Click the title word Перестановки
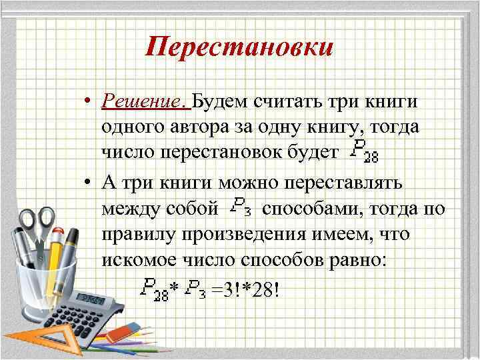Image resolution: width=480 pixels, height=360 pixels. click(239, 48)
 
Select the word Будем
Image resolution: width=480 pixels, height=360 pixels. click(219, 101)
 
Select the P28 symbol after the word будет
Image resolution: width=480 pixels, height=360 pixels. click(365, 153)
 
